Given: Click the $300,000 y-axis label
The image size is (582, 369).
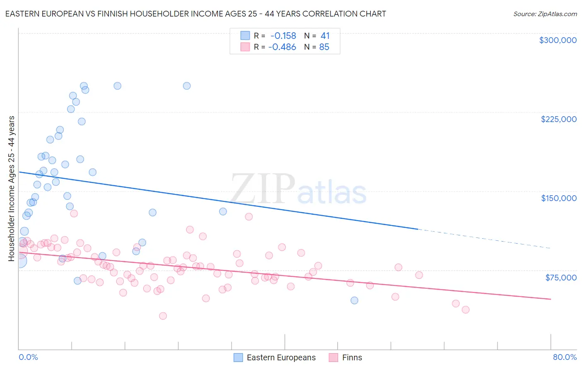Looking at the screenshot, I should tap(558, 40).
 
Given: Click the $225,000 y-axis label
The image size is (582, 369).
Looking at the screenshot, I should tap(558, 119).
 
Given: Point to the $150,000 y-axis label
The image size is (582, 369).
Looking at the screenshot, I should tap(558, 198).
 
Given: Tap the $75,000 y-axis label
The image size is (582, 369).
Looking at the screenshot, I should tap(561, 278).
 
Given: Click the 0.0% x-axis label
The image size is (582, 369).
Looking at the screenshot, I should tap(28, 357).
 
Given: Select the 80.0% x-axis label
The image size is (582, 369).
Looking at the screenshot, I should tap(565, 357).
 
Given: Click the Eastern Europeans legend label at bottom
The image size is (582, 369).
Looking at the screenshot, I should tap(281, 357).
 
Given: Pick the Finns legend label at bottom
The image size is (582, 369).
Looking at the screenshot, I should tap(352, 357).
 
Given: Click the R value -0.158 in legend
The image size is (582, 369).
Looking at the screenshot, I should tap(283, 36).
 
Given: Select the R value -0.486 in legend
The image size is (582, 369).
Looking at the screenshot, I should tap(282, 47).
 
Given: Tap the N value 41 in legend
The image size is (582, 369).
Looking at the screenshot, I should tap(325, 36).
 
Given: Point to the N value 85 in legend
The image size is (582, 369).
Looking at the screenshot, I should tap(324, 47).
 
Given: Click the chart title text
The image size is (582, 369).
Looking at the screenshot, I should tap(195, 14).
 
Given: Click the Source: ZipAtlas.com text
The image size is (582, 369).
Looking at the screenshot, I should tap(545, 14).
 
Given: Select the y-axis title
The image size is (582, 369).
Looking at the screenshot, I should tap(11, 189).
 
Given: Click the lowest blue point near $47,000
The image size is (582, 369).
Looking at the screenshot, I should tap(354, 300).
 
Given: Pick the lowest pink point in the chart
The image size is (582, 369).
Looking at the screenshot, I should tap(163, 316).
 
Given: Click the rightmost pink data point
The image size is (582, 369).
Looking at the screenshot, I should tap(466, 309).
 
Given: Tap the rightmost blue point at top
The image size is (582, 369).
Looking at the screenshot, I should tap(187, 86).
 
